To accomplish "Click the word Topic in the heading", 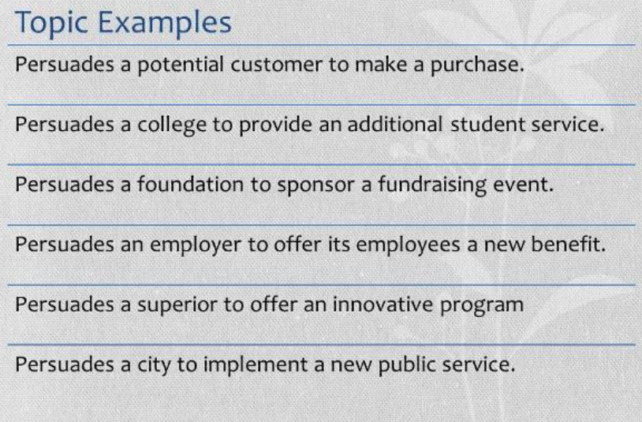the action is (51, 24).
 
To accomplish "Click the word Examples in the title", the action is (165, 24).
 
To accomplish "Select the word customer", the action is (276, 65).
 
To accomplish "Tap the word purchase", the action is (477, 66).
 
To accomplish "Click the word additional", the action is (394, 125).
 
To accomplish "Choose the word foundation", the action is (190, 185).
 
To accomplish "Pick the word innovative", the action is (383, 304).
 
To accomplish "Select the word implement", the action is (256, 365).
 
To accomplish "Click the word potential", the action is (180, 66).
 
